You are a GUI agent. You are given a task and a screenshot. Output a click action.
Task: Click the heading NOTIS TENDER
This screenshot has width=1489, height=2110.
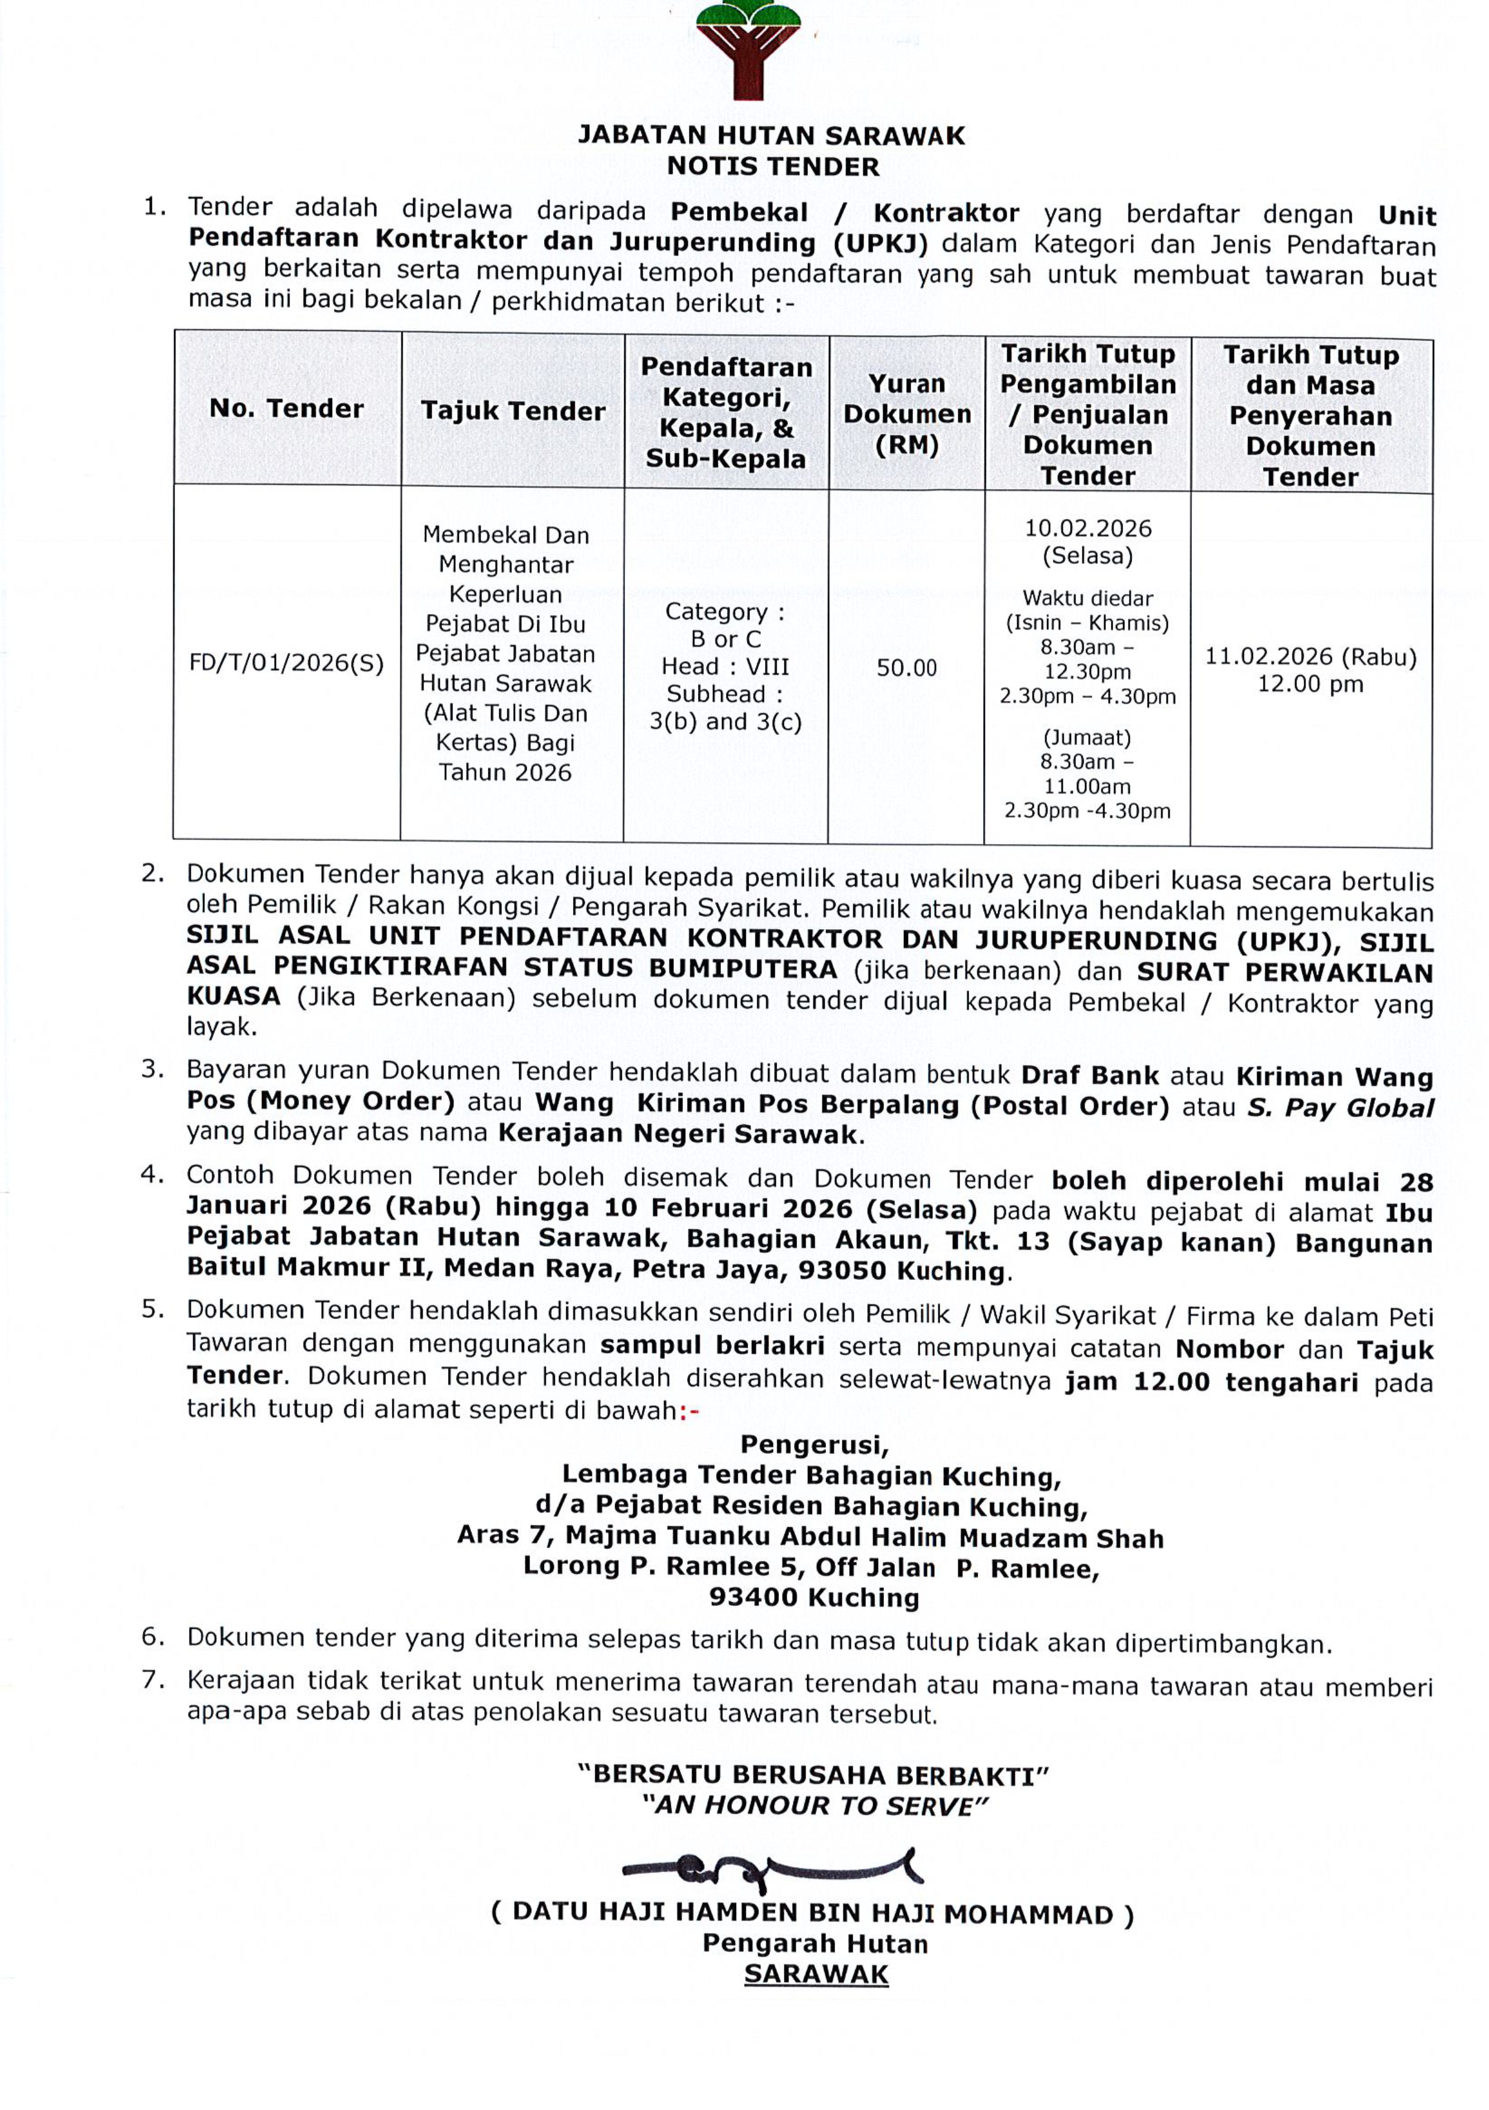pyautogui.click(x=772, y=167)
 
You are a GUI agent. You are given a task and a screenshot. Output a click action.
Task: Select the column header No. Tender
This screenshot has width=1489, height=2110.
pyautogui.click(x=287, y=408)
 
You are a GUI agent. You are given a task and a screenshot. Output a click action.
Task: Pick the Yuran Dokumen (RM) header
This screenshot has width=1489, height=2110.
pyautogui.click(x=906, y=415)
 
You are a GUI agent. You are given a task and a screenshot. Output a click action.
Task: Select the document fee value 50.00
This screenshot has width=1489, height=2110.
pyautogui.click(x=906, y=668)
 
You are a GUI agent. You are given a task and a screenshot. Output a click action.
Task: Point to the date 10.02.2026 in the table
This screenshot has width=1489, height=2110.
pyautogui.click(x=1087, y=528)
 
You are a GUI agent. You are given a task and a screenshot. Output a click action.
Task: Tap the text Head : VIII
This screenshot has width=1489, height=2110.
pyautogui.click(x=725, y=667)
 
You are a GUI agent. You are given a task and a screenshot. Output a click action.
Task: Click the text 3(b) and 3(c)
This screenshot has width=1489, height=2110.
pyautogui.click(x=725, y=721)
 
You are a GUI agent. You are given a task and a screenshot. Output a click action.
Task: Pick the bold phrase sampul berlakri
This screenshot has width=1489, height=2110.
pyautogui.click(x=712, y=1346)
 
